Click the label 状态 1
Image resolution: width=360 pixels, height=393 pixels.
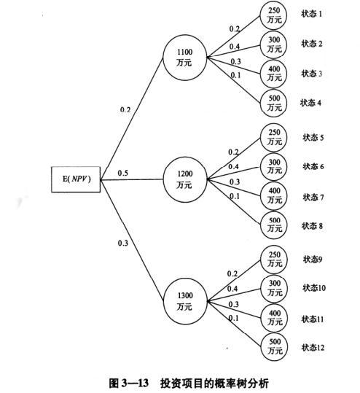pyautogui.click(x=311, y=14)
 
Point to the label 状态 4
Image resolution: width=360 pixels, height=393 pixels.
pyautogui.click(x=310, y=103)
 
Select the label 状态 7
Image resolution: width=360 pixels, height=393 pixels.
pyautogui.click(x=313, y=198)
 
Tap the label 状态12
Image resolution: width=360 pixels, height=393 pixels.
pyautogui.click(x=313, y=347)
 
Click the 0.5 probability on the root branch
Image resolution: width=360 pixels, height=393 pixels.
pyautogui.click(x=122, y=173)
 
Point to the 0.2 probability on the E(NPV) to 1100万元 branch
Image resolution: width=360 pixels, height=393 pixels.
pyautogui.click(x=125, y=109)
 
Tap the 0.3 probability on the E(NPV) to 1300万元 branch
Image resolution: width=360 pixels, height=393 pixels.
pyautogui.click(x=123, y=243)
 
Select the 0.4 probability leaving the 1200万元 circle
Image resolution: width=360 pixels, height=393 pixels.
pyautogui.click(x=233, y=166)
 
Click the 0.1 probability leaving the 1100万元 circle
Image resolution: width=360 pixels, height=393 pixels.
pyautogui.click(x=235, y=75)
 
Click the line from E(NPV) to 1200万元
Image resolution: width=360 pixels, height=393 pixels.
pyautogui.click(x=132, y=179)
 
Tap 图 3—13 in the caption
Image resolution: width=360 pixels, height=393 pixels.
pyautogui.click(x=129, y=383)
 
